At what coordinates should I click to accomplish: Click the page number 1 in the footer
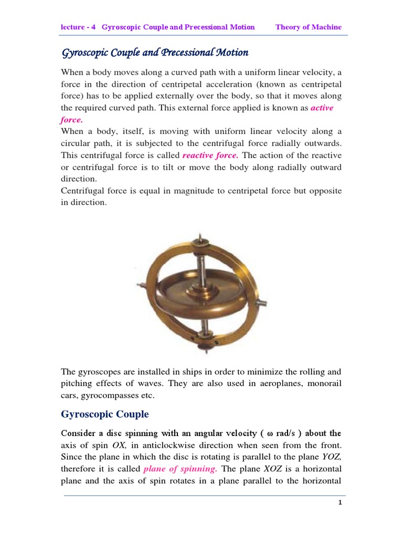[340, 503]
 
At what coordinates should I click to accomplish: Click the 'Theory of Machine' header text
[309, 27]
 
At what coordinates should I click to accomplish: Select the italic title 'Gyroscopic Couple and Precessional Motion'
[155, 53]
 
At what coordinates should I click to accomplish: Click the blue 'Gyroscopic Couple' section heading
[105, 414]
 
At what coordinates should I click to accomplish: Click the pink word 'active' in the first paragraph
[322, 108]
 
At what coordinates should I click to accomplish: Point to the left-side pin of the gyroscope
[140, 286]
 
